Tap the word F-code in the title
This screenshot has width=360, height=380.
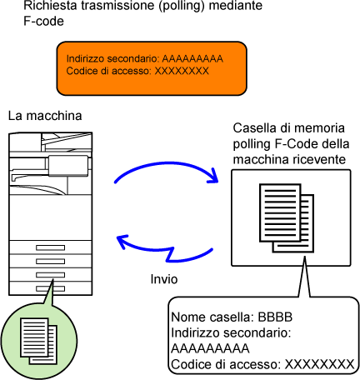pyautogui.click(x=43, y=21)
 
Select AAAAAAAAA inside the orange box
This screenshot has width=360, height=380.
pyautogui.click(x=192, y=58)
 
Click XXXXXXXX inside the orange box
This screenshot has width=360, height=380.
pyautogui.click(x=182, y=71)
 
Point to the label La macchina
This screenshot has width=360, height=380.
pyautogui.click(x=45, y=116)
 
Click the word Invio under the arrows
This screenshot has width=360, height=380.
pyautogui.click(x=164, y=279)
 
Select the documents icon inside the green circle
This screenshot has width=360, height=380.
pyautogui.click(x=38, y=341)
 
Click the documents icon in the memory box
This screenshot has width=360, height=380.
pyautogui.click(x=287, y=218)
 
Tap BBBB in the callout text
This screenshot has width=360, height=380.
pyautogui.click(x=275, y=317)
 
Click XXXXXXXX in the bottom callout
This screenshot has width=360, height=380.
pyautogui.click(x=319, y=364)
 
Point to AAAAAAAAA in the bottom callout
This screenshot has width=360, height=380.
pyautogui.click(x=210, y=348)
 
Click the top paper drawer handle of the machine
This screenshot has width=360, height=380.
pyautogui.click(x=50, y=247)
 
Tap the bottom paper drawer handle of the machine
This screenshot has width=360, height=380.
pyautogui.click(x=50, y=288)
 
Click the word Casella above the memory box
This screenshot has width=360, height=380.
pyautogui.click(x=253, y=128)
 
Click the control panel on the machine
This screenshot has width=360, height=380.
pyautogui.click(x=68, y=166)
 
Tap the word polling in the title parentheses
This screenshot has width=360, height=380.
pyautogui.click(x=182, y=6)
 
